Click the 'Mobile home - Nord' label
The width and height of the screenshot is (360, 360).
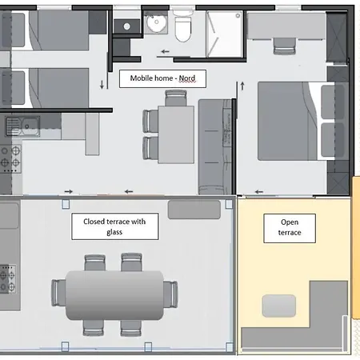point(162,78)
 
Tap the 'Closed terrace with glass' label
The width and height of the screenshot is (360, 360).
point(114,226)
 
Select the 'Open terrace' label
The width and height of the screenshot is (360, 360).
point(290,228)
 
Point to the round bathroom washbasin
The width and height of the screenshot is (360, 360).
point(156,22)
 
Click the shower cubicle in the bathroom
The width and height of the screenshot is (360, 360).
point(225,34)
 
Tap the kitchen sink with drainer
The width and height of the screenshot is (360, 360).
point(22,126)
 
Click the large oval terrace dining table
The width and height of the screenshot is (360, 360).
point(114,295)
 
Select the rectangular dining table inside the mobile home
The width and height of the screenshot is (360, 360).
point(176,134)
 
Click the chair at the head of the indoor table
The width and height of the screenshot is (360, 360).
point(176,98)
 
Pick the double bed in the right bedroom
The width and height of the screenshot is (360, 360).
point(297,121)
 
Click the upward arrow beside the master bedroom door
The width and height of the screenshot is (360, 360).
point(242,86)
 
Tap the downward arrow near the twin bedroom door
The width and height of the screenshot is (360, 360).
point(102,84)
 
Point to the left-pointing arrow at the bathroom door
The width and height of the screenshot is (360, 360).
point(166,51)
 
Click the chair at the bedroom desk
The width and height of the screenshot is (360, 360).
point(285,46)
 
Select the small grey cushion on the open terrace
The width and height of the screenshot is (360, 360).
point(279,306)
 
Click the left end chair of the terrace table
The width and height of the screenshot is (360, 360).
point(58,293)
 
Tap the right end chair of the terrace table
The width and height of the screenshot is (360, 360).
point(170,294)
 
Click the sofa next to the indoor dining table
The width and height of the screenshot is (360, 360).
point(215,146)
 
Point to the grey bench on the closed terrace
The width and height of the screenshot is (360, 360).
point(194,210)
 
